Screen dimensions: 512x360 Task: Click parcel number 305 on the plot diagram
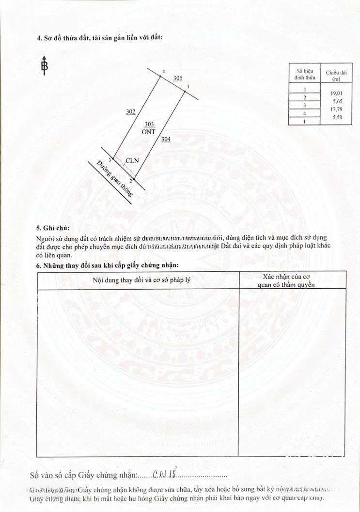178,78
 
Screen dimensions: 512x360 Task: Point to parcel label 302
130,112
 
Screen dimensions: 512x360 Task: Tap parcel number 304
166,140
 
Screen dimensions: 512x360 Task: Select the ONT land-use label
149,131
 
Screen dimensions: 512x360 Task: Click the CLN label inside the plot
132,160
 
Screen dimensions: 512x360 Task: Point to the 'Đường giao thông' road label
114,178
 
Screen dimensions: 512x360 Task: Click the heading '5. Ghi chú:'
53,228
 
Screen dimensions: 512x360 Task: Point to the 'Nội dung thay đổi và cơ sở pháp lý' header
138,280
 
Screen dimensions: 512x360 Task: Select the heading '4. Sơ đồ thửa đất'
100,37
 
